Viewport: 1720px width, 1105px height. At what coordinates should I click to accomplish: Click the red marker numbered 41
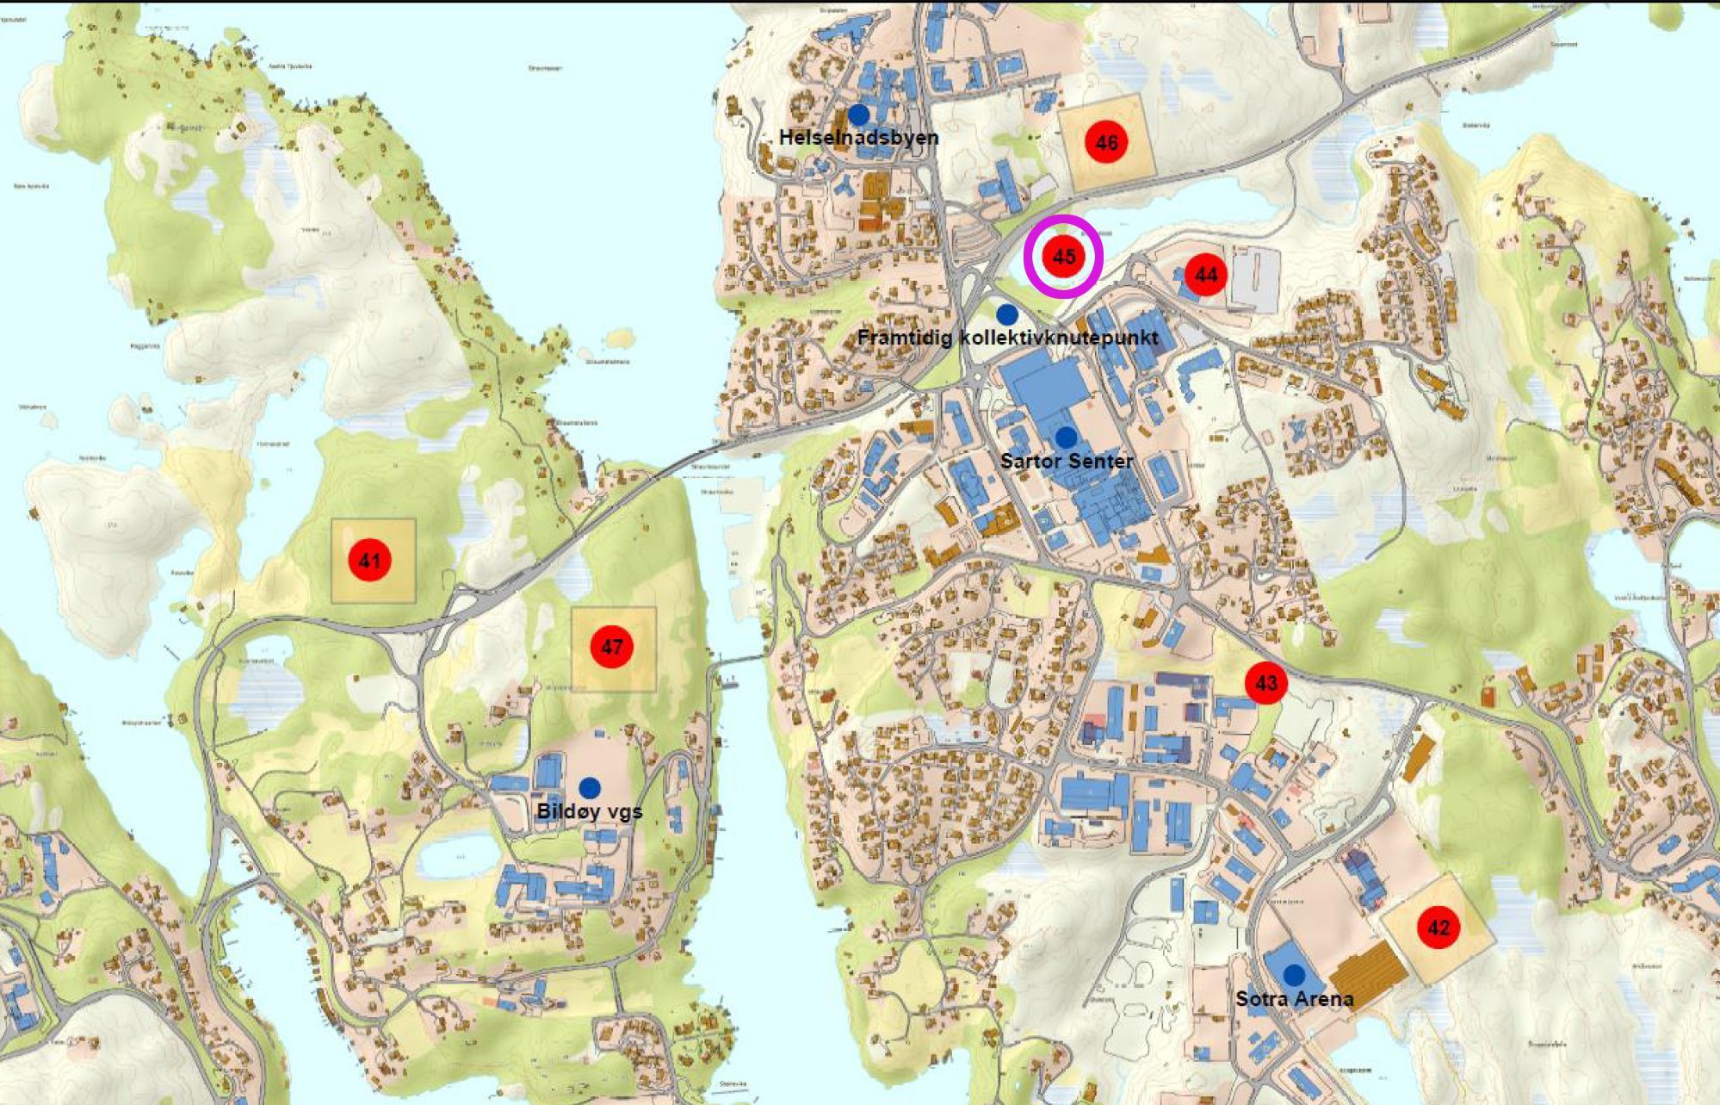point(369,561)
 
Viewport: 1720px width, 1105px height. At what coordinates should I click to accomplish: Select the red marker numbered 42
point(1438,928)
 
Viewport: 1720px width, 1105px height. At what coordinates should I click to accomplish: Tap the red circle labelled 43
point(1265,683)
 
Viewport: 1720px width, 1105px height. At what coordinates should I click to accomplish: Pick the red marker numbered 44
point(1205,275)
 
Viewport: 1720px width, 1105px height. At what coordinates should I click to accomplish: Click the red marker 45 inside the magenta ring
point(1064,257)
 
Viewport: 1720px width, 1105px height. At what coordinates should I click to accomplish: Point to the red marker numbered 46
point(1106,142)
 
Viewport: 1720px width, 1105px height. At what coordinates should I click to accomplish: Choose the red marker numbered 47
point(612,647)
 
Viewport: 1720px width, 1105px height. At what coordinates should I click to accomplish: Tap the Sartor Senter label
point(1067,461)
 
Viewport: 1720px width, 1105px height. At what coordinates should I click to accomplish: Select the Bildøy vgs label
point(589,811)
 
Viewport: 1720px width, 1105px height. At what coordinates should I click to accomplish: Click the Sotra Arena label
point(1294,999)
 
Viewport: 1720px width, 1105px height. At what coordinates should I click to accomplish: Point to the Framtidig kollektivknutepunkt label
point(1007,338)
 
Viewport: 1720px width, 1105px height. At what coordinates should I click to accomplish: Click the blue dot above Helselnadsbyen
point(858,114)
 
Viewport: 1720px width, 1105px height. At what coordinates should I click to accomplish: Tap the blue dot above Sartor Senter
point(1067,438)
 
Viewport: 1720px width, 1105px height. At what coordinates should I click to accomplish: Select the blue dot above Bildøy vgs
point(590,787)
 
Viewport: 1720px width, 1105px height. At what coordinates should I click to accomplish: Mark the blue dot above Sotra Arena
point(1294,975)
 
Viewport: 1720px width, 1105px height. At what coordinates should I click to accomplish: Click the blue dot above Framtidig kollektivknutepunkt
point(1007,314)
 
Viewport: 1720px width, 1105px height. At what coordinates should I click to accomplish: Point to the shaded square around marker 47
point(637,672)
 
